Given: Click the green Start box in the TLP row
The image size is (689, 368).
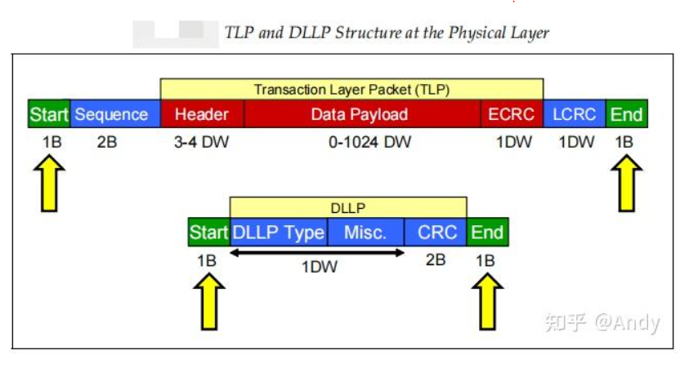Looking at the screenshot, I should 48,114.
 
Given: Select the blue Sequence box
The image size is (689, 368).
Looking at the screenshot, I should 111,114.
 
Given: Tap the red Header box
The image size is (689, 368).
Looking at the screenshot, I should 202,114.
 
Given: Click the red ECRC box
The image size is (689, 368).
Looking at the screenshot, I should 511,114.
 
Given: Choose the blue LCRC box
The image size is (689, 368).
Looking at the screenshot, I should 575,114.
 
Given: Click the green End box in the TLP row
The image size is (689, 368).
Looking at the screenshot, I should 627,114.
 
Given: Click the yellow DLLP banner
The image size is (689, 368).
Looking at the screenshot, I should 348,208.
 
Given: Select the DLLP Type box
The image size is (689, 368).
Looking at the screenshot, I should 279,233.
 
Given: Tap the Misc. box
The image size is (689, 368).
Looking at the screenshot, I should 365,233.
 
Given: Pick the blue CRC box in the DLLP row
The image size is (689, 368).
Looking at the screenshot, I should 436,233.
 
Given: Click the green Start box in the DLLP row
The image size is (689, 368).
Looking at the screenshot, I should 208,233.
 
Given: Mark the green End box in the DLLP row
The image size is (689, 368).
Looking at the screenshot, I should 487,233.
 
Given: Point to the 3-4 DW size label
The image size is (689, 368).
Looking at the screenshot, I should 202,142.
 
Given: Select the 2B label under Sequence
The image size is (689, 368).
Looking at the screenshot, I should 107,142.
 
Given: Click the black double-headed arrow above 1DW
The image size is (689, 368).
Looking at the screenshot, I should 317,252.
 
